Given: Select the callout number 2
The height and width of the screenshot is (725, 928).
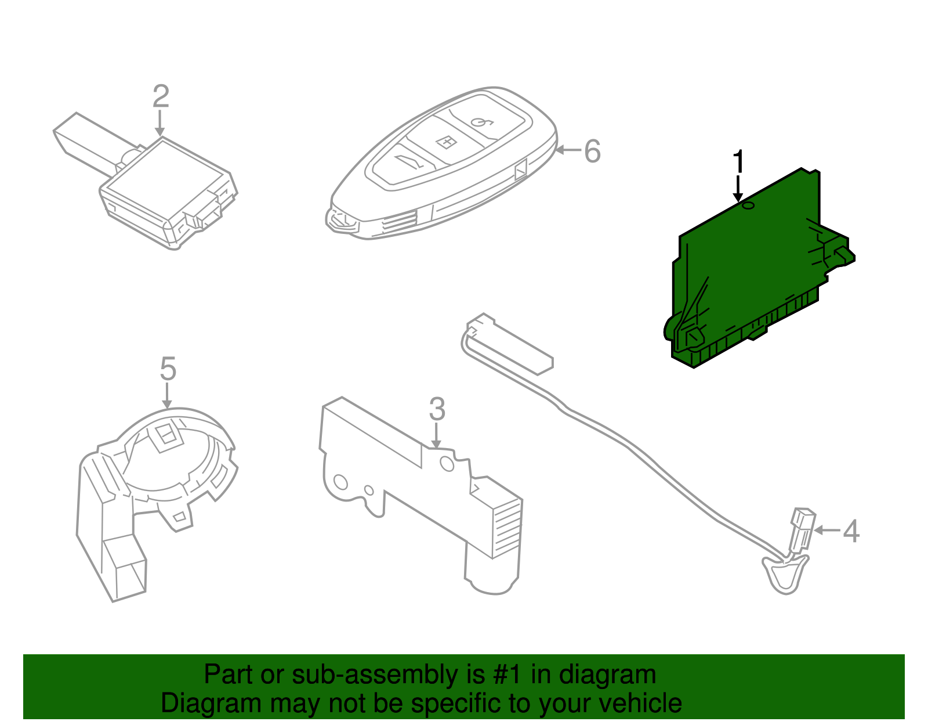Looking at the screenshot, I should (x=161, y=97).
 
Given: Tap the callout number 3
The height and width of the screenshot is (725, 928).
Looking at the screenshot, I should (x=437, y=410).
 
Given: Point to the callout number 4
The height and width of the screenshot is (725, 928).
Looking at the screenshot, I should (x=850, y=531).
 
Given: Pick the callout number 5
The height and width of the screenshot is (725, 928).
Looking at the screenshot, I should (x=168, y=369).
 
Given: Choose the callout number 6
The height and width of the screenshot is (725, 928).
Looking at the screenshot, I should (x=592, y=152).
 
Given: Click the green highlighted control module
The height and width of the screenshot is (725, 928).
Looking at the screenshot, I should (x=754, y=267).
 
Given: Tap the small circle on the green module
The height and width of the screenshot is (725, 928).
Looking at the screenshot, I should (x=748, y=205).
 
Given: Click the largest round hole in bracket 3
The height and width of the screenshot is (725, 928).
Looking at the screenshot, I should (x=447, y=463).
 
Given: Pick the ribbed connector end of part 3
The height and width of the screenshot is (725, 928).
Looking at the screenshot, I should (x=506, y=525).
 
